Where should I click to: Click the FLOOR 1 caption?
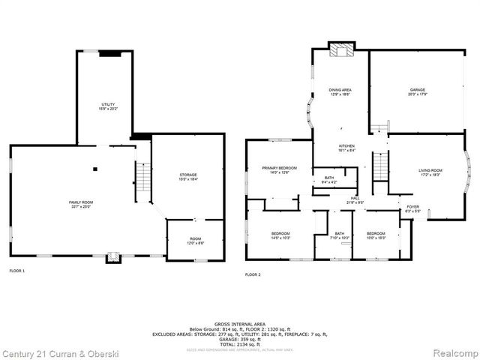tap(16, 270)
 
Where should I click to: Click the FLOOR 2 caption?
tap(253, 275)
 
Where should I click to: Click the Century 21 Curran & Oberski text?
tap(51, 352)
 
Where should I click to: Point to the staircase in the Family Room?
tap(141, 178)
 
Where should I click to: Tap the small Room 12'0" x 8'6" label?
tap(194, 241)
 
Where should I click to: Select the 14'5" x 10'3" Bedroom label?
tap(280, 235)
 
